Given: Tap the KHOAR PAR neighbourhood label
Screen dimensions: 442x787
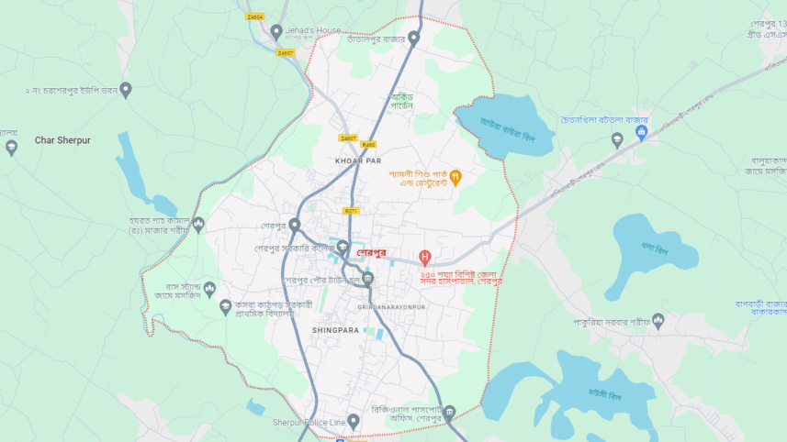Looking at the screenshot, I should pyautogui.click(x=358, y=160).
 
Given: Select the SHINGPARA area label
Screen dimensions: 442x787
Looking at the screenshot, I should pyautogui.click(x=334, y=328).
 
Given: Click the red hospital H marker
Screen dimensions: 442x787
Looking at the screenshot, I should pyautogui.click(x=424, y=258).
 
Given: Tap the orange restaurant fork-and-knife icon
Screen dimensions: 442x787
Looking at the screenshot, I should pyautogui.click(x=455, y=177).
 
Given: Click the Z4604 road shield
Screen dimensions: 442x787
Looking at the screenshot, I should pyautogui.click(x=254, y=17).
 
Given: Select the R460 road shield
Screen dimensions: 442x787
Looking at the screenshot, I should pyautogui.click(x=368, y=144).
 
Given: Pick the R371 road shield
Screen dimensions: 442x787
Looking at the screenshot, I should pyautogui.click(x=353, y=211).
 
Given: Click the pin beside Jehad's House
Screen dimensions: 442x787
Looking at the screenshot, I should pyautogui.click(x=276, y=32).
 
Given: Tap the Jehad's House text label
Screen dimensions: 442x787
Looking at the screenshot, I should pyautogui.click(x=312, y=30).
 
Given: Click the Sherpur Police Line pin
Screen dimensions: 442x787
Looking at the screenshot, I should pyautogui.click(x=354, y=422).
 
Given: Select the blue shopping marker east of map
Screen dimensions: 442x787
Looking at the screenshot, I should pyautogui.click(x=642, y=132).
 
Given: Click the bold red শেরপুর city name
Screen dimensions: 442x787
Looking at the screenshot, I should pyautogui.click(x=372, y=254).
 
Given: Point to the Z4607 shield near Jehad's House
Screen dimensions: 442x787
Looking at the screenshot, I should pyautogui.click(x=286, y=53).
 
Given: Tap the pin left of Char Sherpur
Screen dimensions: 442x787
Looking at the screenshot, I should pyautogui.click(x=11, y=147).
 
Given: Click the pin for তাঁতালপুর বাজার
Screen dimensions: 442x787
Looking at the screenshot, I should pyautogui.click(x=413, y=39).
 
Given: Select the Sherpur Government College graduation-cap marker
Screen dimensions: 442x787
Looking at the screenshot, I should pyautogui.click(x=343, y=247).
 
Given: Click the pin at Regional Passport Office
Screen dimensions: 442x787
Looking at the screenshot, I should pyautogui.click(x=449, y=413).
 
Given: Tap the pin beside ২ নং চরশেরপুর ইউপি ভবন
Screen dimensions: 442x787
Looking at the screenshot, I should pyautogui.click(x=126, y=90).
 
